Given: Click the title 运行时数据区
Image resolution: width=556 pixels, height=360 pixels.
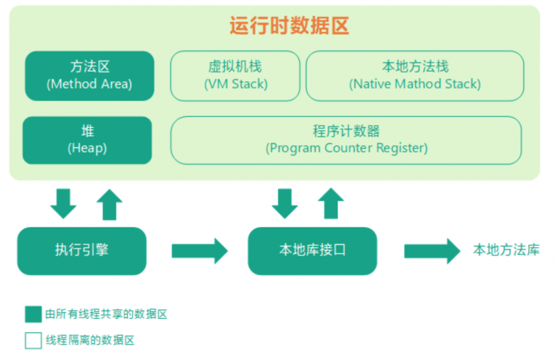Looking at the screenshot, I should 289,26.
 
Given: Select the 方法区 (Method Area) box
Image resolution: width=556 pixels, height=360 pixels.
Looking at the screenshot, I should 90,76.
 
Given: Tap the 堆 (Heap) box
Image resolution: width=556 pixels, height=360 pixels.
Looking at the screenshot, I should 87,140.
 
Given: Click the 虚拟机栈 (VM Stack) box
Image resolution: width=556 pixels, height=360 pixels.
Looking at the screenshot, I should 235,76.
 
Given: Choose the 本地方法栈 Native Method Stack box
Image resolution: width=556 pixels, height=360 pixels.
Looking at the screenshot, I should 415,76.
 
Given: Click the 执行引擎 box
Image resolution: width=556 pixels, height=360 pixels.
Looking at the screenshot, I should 82,251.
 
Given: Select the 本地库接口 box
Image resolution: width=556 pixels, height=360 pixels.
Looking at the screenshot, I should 312,251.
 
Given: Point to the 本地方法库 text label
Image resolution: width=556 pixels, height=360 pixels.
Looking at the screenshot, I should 506,250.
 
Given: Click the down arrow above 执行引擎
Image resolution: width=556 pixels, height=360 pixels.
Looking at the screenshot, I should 63,203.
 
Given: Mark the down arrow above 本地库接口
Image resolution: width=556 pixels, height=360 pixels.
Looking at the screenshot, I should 285,203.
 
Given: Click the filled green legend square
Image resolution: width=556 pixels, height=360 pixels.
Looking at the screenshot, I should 33,314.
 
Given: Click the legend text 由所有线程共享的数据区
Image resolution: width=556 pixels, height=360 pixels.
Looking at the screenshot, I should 106,314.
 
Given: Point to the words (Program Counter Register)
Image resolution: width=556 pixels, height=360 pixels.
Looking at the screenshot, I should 346,148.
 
